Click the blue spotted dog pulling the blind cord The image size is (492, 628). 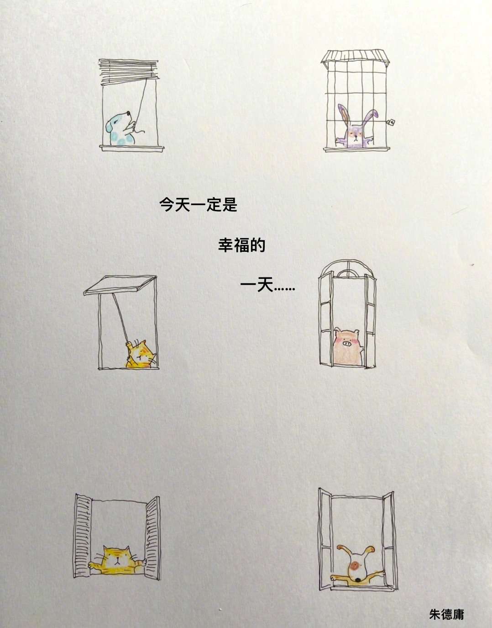pos(121,129)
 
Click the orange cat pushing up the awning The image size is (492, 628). pos(140,354)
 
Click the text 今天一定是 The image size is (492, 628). pos(198,204)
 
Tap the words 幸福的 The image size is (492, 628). pos(241,245)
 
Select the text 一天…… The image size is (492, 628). pos(267,286)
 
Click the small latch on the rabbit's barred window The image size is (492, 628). pos(391,122)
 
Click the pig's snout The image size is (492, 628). pos(346,344)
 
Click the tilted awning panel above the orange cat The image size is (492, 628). pos(120,285)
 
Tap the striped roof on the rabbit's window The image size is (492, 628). pos(355,56)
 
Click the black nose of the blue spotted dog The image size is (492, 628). pos(129,112)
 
